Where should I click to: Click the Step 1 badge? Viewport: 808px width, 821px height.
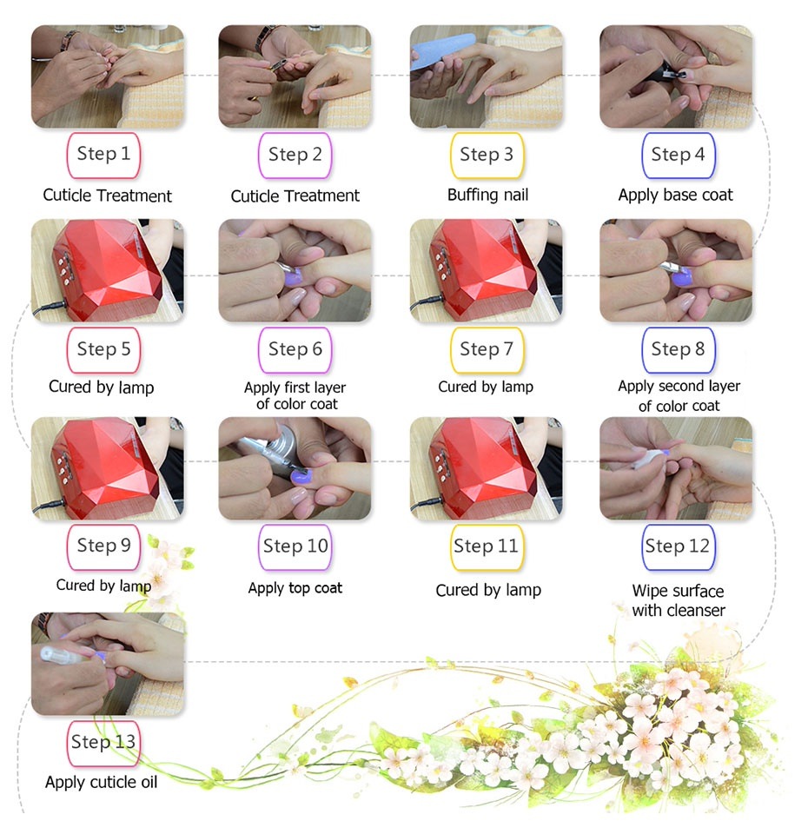coord(103,155)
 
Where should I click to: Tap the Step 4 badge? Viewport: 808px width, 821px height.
coord(679,155)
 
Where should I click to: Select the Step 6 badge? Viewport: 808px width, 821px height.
coord(295,350)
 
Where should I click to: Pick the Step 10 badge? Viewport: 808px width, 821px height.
coord(295,547)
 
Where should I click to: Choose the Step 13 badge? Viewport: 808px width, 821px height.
coord(103,744)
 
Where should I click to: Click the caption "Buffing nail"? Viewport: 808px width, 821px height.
coord(487,195)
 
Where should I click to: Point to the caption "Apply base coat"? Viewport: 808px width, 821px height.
coord(676,195)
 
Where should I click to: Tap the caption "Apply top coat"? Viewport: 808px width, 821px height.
coord(295,588)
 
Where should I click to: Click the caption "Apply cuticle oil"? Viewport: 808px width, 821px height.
coord(101,782)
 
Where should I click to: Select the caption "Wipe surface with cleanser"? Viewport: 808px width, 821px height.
coord(679,600)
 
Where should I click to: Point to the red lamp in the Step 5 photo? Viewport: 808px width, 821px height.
coord(105,268)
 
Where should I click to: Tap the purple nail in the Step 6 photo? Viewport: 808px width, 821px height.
coord(294,275)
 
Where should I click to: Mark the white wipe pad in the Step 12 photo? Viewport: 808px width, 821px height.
coord(646,458)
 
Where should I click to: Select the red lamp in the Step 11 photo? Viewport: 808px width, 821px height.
coord(482,465)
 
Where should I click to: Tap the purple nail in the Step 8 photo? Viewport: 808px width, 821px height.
coord(681,277)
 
